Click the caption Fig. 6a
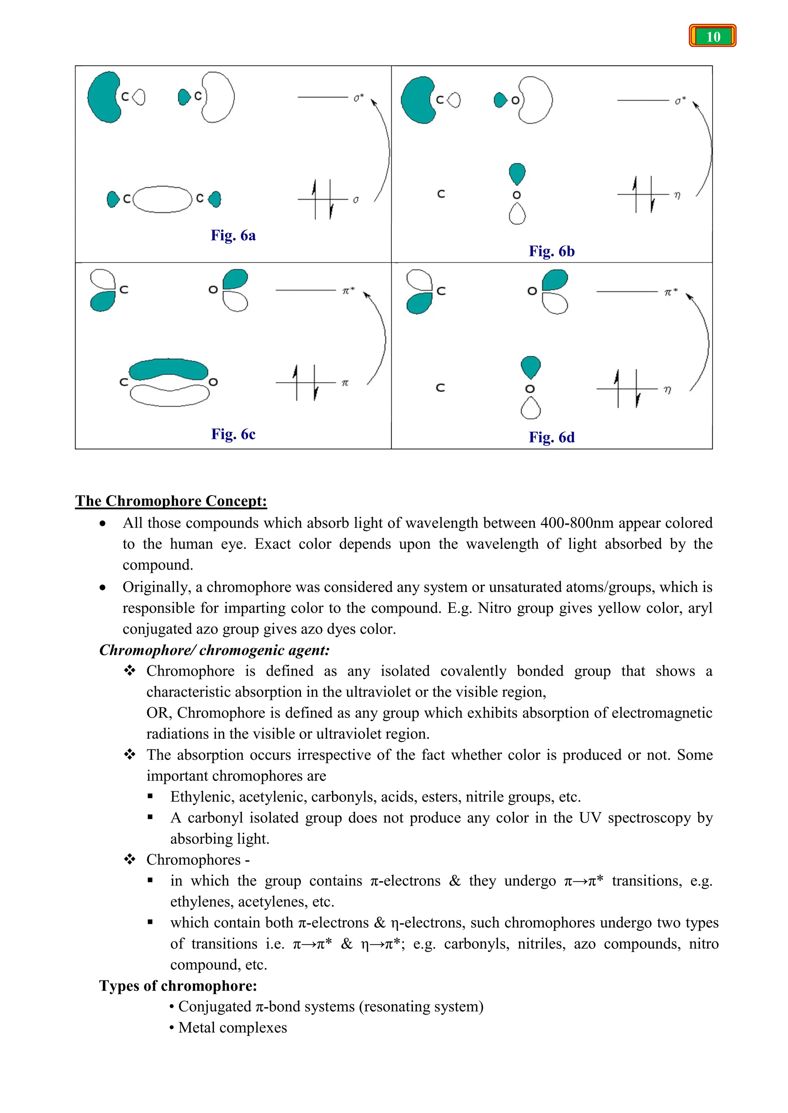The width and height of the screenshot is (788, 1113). [x=233, y=236]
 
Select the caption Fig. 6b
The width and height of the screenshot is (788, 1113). [x=552, y=252]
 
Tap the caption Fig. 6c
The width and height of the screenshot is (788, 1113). [x=233, y=434]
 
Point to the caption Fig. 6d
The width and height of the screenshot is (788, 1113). [x=552, y=438]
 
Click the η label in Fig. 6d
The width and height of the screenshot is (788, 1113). [x=668, y=390]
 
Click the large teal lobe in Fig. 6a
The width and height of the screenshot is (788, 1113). [x=103, y=97]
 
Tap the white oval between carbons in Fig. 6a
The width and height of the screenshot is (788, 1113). [x=162, y=199]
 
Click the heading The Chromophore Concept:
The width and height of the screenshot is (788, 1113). [x=171, y=501]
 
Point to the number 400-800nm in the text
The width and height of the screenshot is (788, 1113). [x=576, y=523]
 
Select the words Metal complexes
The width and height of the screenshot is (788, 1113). [x=232, y=1028]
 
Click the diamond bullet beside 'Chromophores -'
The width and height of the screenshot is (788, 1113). [x=130, y=859]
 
